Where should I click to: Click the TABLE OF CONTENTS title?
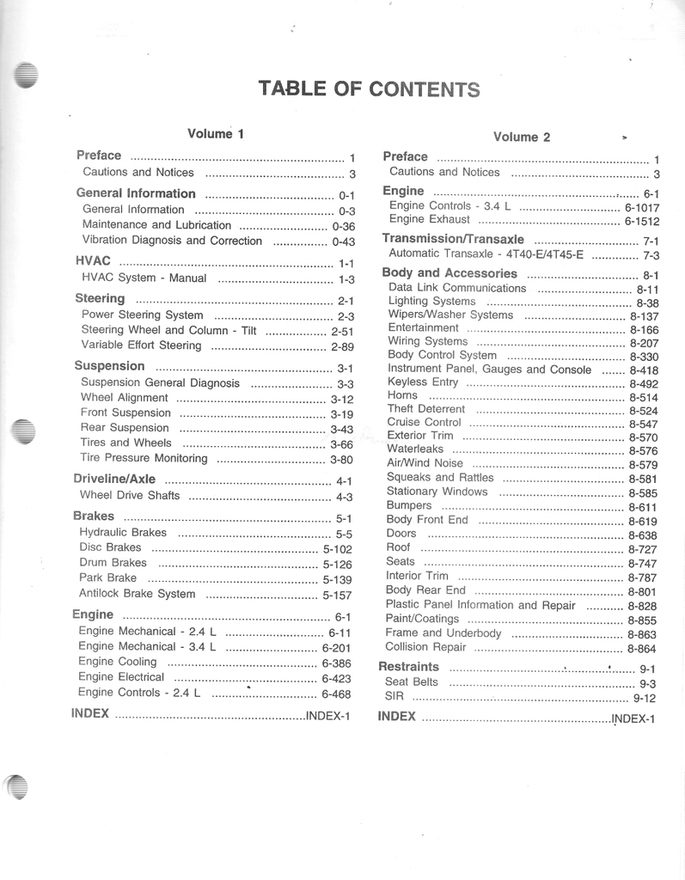coord(369,89)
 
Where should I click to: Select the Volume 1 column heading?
coord(216,133)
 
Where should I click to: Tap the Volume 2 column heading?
coord(522,137)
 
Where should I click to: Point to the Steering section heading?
coord(100,298)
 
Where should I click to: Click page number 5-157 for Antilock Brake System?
coord(337,595)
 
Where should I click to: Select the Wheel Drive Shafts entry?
coord(130,495)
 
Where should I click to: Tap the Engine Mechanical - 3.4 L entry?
coord(147,646)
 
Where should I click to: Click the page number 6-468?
coord(336,694)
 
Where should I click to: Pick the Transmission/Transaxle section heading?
coord(453,238)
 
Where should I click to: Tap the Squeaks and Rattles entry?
coord(440,477)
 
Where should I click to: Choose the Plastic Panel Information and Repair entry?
coord(480,605)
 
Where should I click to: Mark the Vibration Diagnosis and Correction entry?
coord(172,241)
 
